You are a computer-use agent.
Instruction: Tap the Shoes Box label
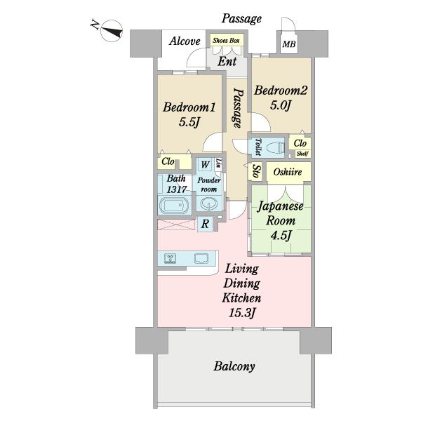(x=226, y=41)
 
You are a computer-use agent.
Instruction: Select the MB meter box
(x=289, y=44)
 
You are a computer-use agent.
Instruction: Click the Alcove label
(x=185, y=41)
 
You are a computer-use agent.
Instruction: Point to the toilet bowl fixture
(x=276, y=147)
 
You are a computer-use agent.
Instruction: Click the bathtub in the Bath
(x=175, y=206)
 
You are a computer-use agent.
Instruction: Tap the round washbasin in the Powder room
(x=209, y=204)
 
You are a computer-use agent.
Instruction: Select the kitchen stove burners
(x=170, y=258)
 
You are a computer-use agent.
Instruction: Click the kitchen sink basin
(x=201, y=258)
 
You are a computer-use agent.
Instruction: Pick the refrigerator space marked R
(x=205, y=224)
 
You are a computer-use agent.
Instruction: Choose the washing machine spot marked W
(x=206, y=164)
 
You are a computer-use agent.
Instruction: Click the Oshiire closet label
(x=288, y=172)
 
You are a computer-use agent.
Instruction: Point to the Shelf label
(x=302, y=154)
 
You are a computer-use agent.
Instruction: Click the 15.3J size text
(x=241, y=313)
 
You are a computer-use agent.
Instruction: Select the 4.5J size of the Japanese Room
(x=281, y=236)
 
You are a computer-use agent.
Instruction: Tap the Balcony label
(x=234, y=366)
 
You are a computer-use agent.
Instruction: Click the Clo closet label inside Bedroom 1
(x=168, y=161)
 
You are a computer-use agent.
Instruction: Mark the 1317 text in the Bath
(x=176, y=189)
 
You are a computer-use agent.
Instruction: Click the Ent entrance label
(x=227, y=62)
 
